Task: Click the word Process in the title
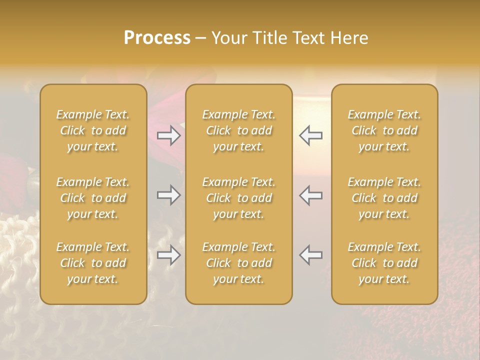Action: point(157,38)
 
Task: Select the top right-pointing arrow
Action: point(169,135)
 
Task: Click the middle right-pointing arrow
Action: point(169,195)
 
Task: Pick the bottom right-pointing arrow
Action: point(169,255)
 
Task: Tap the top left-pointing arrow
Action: point(310,135)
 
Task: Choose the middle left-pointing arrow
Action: point(310,195)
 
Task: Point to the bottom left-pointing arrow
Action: point(310,255)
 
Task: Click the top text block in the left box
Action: point(93,130)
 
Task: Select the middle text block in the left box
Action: point(93,198)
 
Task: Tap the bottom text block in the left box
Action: point(93,263)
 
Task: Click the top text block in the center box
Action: point(239,130)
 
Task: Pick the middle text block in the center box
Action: point(239,198)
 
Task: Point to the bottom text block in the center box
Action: point(239,263)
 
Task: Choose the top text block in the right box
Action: point(384,130)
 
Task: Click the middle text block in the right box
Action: point(384,198)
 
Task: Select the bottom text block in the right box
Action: point(384,263)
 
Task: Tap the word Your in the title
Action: point(228,38)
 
